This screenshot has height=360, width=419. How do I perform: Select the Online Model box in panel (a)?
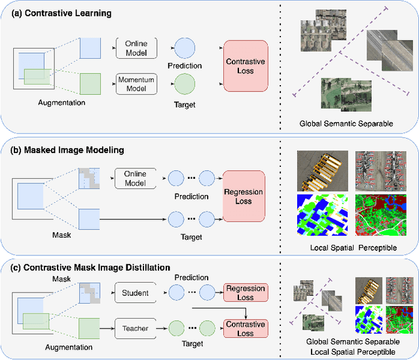tap(136, 47)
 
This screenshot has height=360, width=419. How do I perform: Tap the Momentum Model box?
tap(136, 83)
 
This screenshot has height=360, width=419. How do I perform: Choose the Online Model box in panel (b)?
tap(136, 179)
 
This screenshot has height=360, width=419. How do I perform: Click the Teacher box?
tap(136, 329)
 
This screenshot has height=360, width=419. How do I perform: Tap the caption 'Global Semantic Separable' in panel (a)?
tap(346, 122)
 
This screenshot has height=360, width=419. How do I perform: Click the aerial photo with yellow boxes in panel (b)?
tap(319, 170)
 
